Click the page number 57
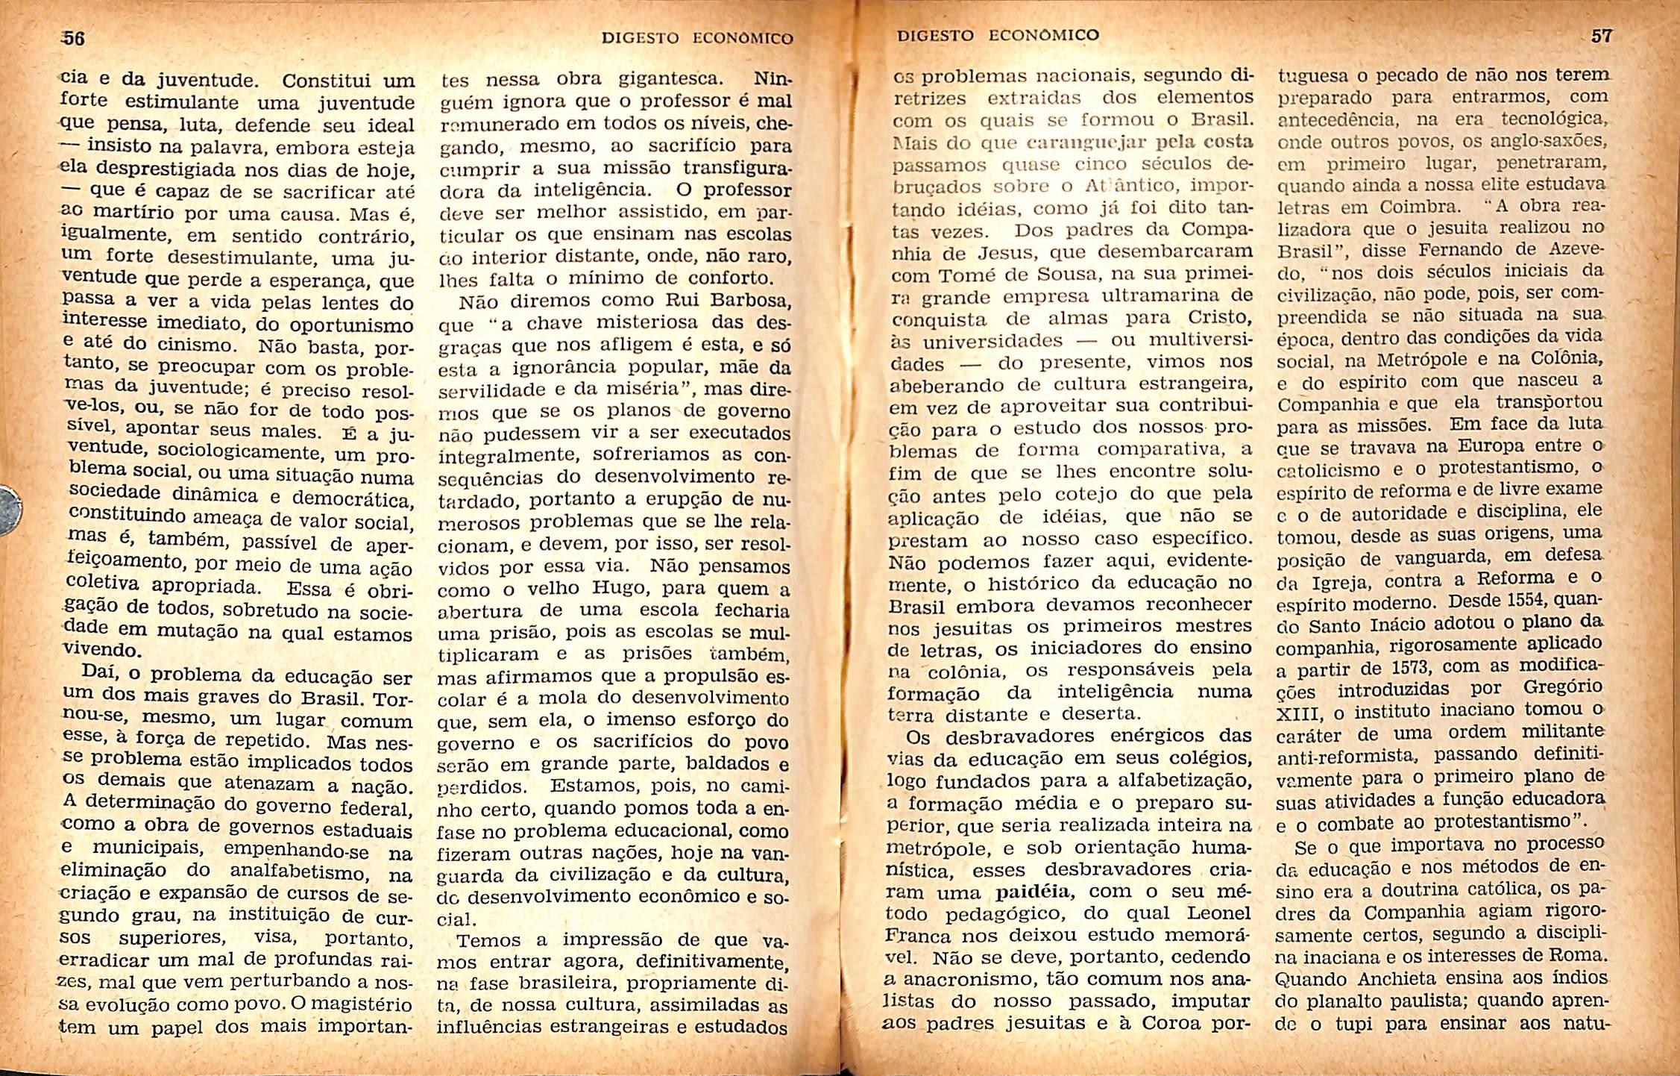click(1601, 36)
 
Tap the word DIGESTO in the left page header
click(641, 38)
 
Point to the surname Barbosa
click(746, 301)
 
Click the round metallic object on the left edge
click(9, 510)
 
